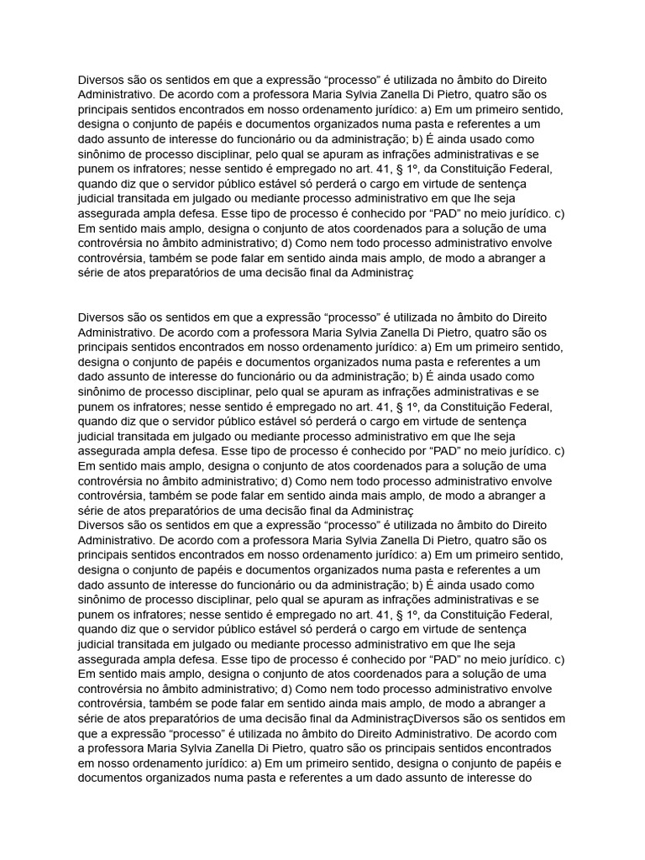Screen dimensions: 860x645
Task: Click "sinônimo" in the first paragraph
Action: [x=104, y=155]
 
